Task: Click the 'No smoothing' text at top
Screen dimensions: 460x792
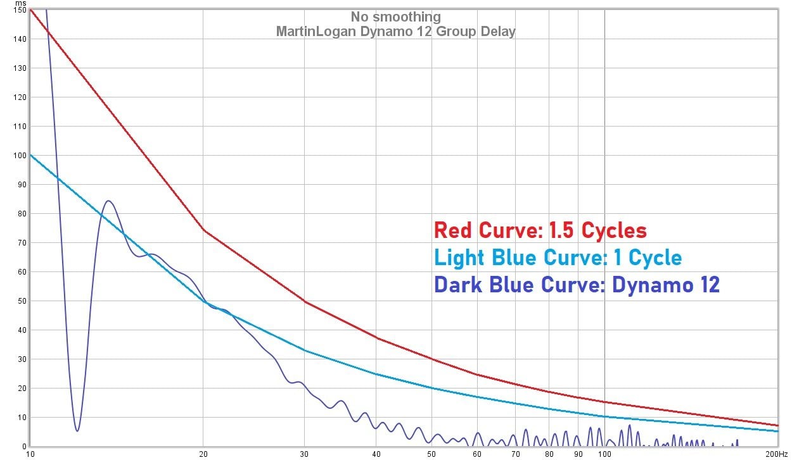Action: pyautogui.click(x=395, y=17)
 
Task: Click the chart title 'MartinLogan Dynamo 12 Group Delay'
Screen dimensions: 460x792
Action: pyautogui.click(x=395, y=31)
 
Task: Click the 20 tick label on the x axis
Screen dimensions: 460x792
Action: pyautogui.click(x=203, y=454)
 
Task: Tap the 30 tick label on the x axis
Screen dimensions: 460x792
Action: pyautogui.click(x=304, y=454)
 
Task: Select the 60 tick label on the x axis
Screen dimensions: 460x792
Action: pyautogui.click(x=477, y=454)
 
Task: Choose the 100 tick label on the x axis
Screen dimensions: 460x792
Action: pyautogui.click(x=604, y=454)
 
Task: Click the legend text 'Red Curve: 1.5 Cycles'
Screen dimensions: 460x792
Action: pyautogui.click(x=540, y=231)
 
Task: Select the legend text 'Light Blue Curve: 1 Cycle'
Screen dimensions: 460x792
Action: pyautogui.click(x=558, y=258)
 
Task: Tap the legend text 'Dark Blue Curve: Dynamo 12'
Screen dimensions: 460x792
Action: pyautogui.click(x=577, y=285)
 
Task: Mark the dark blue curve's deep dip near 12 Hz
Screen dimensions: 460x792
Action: pyautogui.click(x=77, y=431)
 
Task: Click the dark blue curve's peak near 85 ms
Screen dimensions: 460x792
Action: pyautogui.click(x=108, y=201)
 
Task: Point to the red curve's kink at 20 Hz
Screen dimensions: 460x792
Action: pyautogui.click(x=203, y=230)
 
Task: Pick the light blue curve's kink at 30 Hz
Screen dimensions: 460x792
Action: pyautogui.click(x=305, y=350)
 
